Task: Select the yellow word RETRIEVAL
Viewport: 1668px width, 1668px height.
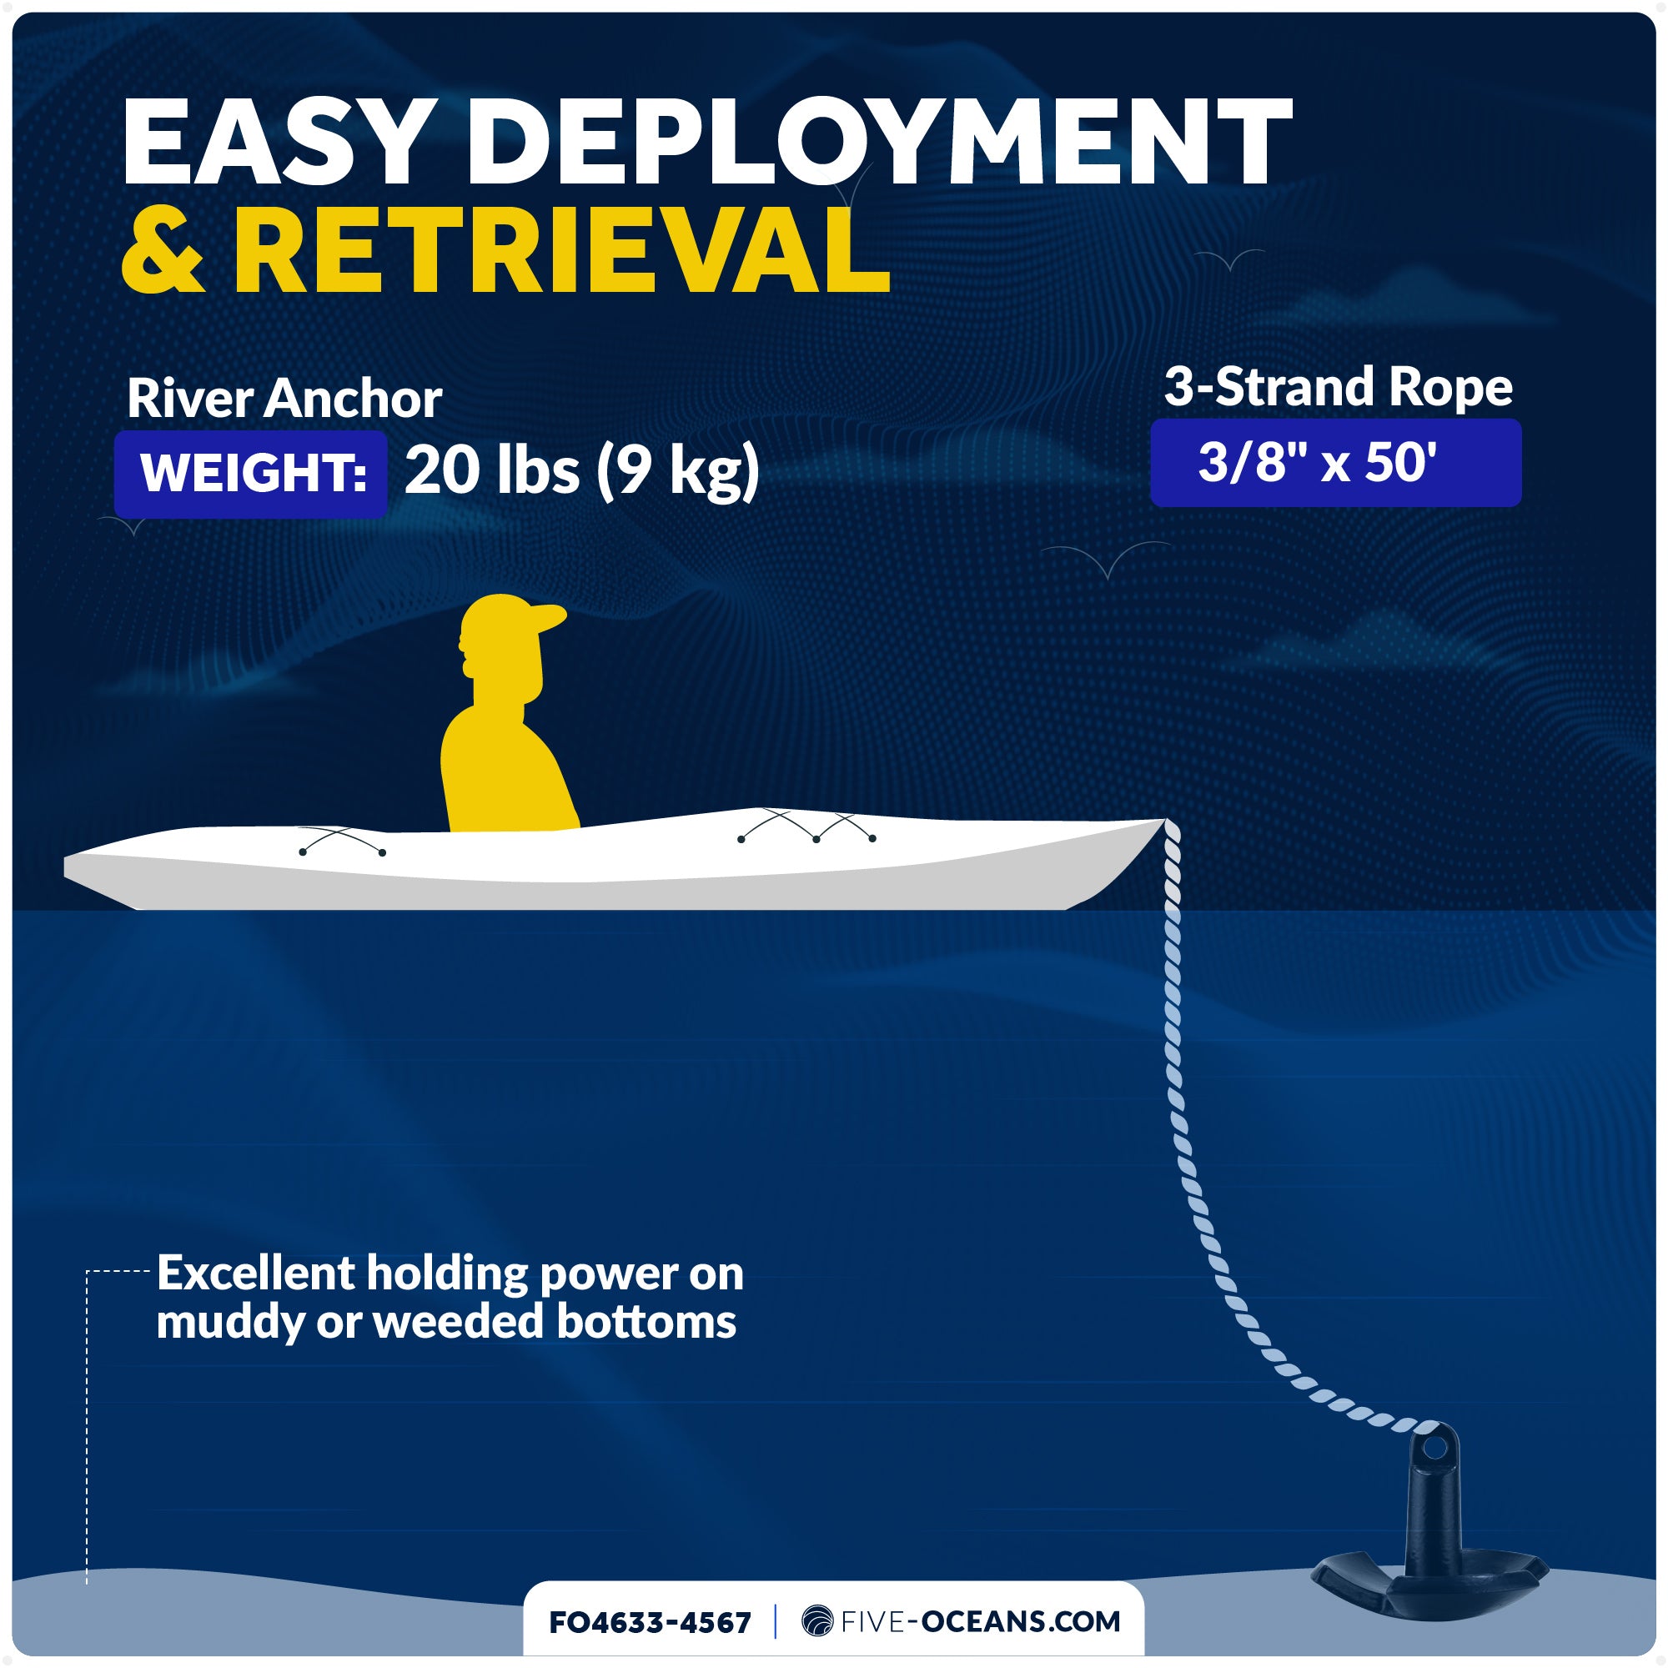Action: coord(562,250)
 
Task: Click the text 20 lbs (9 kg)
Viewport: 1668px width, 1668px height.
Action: coord(582,471)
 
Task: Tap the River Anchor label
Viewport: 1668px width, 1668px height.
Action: coord(284,398)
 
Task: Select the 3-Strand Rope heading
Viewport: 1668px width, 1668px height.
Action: coord(1339,387)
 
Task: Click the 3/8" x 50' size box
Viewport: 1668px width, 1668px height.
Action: coord(1335,463)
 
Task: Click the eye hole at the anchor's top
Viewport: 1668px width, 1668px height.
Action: coord(1433,1446)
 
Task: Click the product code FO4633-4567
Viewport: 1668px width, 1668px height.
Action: coord(651,1622)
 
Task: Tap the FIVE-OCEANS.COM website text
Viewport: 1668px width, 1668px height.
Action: coord(981,1621)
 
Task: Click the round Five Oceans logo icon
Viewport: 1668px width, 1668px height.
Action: coord(816,1621)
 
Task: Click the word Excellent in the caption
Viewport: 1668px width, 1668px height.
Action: coord(255,1273)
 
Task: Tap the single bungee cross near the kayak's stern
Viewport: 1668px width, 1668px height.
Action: coord(343,840)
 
